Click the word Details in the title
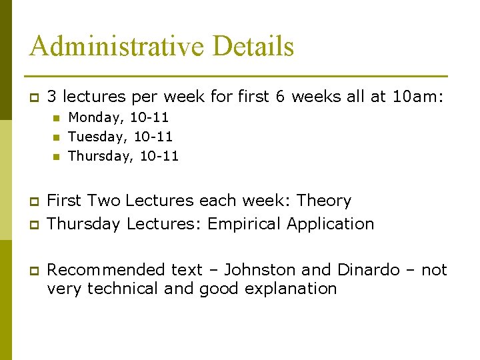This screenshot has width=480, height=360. [x=253, y=47]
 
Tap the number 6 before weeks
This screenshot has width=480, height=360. [x=280, y=97]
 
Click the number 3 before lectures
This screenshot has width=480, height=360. [x=52, y=97]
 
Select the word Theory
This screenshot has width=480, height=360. [x=324, y=201]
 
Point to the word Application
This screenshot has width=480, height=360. [x=331, y=224]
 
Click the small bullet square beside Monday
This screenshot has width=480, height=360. [x=57, y=119]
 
